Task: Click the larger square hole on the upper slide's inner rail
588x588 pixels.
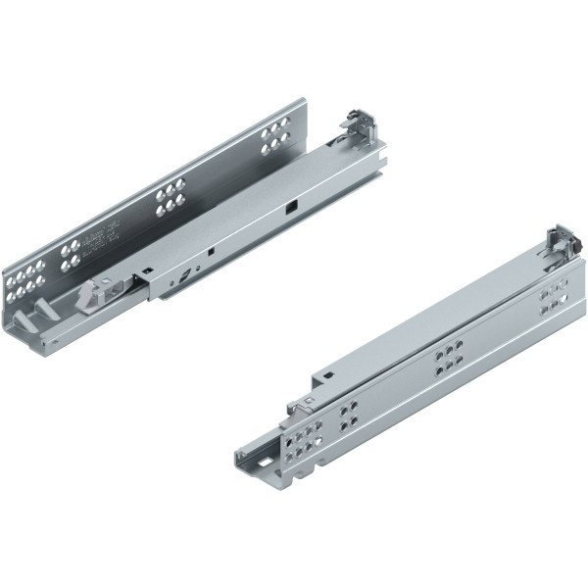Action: point(290,209)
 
